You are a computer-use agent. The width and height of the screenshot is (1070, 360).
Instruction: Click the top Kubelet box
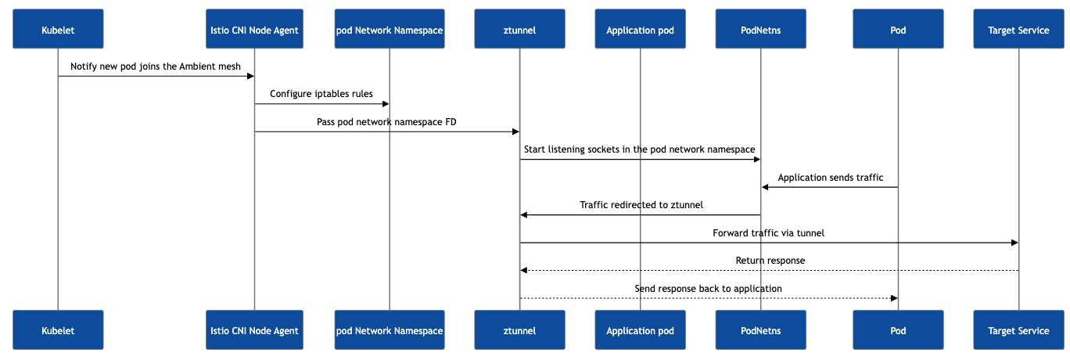click(58, 29)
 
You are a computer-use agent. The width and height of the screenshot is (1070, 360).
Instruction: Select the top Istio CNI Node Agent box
click(254, 29)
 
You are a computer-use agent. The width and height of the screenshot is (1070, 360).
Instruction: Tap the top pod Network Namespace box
click(390, 29)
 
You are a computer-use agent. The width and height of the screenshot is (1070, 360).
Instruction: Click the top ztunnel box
click(519, 29)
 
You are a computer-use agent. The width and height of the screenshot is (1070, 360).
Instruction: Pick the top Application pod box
click(640, 29)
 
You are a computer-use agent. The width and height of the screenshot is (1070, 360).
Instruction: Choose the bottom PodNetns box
click(760, 330)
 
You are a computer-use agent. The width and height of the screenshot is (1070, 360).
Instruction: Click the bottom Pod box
click(898, 330)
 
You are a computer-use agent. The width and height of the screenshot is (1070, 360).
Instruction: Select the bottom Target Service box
click(1018, 330)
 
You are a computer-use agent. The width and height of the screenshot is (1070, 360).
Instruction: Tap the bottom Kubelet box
click(58, 330)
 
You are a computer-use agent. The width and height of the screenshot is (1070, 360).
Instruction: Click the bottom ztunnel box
click(519, 330)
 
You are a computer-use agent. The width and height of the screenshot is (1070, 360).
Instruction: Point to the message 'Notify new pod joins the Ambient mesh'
click(155, 67)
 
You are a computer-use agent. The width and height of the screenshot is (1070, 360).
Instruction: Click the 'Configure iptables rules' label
click(321, 94)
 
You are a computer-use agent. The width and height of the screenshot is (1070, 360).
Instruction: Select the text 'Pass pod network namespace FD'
click(386, 122)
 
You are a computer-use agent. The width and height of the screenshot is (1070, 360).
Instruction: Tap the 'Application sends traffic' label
click(830, 178)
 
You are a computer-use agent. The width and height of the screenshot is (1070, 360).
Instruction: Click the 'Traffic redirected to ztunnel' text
click(641, 205)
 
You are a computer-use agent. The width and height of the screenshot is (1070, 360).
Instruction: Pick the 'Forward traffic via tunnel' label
click(768, 233)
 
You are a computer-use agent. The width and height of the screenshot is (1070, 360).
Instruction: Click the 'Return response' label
click(770, 261)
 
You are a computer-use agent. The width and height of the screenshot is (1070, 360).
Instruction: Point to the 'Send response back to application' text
click(708, 288)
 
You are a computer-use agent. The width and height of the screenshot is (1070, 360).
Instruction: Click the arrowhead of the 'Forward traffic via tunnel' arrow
click(1014, 243)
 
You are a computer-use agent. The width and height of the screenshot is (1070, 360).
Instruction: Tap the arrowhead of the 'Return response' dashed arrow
click(523, 271)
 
